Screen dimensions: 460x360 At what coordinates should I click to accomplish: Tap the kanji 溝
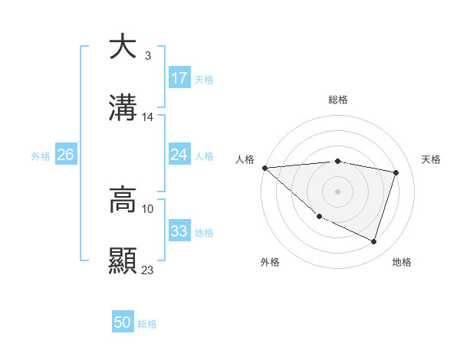coord(123,108)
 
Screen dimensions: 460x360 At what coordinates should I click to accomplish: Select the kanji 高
coord(123,200)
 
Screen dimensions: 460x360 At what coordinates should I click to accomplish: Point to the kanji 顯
coord(123,260)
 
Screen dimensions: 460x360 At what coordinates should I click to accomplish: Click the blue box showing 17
coord(179,78)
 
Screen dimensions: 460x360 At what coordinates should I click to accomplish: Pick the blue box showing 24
coord(179,155)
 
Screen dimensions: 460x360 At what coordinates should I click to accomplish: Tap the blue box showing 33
coord(179,231)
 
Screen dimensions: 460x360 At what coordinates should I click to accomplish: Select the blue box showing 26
coord(65,155)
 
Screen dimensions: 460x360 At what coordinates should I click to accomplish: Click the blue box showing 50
coord(123,322)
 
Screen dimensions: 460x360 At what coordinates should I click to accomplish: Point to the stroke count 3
coord(147,56)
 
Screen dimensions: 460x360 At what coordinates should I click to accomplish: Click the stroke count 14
coord(148,117)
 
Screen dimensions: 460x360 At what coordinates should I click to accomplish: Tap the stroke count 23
coord(148,270)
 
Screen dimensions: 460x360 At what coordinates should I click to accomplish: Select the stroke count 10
coord(148,208)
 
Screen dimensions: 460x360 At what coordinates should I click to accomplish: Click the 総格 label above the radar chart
coord(338,100)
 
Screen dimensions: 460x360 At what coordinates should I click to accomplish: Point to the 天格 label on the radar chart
coord(431,159)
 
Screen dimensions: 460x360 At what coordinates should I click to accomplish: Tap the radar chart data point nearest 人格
coord(264,168)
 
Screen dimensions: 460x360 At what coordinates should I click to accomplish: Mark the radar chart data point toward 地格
coord(374,242)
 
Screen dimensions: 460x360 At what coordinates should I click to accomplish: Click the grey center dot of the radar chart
coord(337,191)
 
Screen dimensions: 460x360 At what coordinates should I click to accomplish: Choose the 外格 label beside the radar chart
coord(270,263)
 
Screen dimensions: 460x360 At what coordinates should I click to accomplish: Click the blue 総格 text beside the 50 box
coord(148,324)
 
